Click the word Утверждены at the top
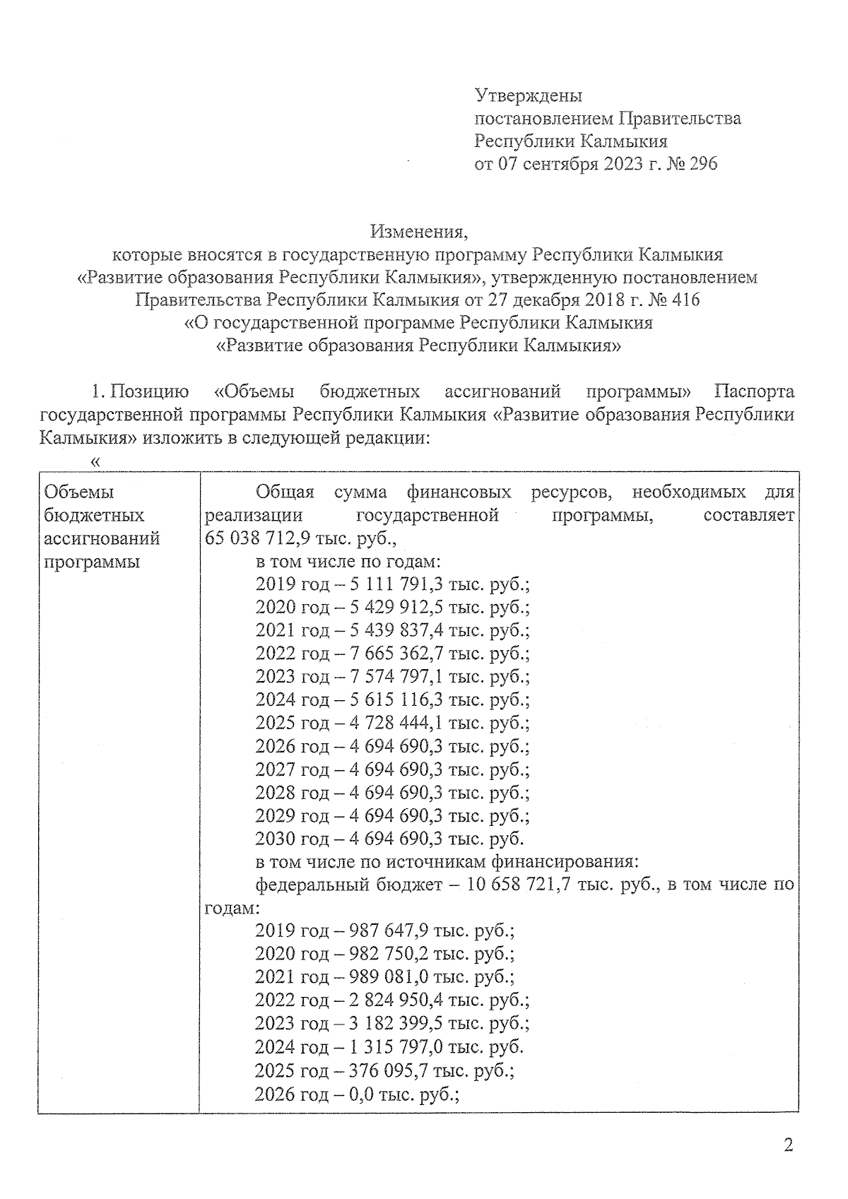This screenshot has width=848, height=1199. point(528,95)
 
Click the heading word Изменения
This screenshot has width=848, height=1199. point(418,231)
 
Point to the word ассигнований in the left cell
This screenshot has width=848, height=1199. point(102,539)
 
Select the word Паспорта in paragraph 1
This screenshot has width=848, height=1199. point(754,391)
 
